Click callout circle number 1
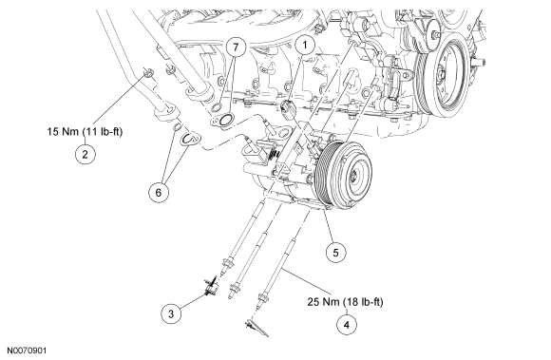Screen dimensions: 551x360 tap(305, 46)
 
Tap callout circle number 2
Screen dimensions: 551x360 tap(85, 154)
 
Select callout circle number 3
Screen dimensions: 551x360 tap(171, 313)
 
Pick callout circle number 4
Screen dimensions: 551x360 tap(347, 325)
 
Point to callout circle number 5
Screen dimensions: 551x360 tap(335, 252)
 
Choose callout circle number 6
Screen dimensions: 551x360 tap(159, 192)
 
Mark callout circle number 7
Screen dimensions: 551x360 tap(236, 47)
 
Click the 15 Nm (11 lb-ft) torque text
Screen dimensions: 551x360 tap(85, 132)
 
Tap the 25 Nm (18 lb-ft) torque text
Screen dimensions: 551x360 tap(346, 302)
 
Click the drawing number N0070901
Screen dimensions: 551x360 tap(27, 351)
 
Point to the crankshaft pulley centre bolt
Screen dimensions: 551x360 tap(441, 75)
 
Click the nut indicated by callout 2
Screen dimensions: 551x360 tap(147, 73)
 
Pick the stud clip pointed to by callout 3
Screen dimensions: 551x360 tap(211, 286)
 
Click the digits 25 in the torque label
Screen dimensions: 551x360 tap(313, 302)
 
